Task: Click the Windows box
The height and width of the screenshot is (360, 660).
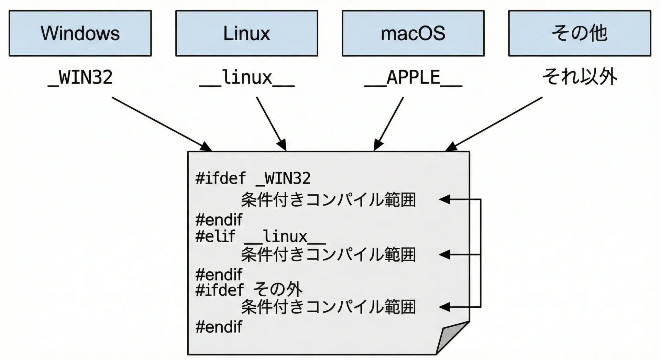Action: [x=80, y=33]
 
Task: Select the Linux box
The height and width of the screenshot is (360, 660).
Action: [x=246, y=33]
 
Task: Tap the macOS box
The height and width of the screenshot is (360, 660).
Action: [x=413, y=33]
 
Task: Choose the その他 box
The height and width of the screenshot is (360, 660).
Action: [x=580, y=33]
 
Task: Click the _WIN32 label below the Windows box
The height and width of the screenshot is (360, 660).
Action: [x=80, y=77]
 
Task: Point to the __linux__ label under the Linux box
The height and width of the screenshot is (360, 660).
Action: [x=247, y=77]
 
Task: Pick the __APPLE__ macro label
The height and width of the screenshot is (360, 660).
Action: [x=413, y=77]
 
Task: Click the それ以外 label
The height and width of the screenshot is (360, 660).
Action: [x=580, y=77]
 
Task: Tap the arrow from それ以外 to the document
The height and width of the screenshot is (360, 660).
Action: [x=495, y=124]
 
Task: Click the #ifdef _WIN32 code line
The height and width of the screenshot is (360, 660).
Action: [x=253, y=178]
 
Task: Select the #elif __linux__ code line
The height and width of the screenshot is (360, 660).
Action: [x=260, y=237]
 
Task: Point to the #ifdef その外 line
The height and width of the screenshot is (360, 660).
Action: [x=249, y=290]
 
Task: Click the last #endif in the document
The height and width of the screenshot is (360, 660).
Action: [x=219, y=327]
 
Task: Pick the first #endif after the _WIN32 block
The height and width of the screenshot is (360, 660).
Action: [x=219, y=220]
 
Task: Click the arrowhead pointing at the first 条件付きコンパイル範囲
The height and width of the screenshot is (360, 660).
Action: [x=445, y=199]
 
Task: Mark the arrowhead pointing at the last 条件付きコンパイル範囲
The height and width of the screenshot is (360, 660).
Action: [x=445, y=307]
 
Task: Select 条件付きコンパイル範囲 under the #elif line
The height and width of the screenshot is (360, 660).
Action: [x=328, y=255]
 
